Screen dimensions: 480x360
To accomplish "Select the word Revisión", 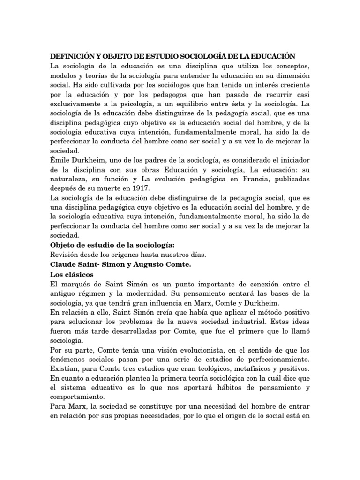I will point(65,255).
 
